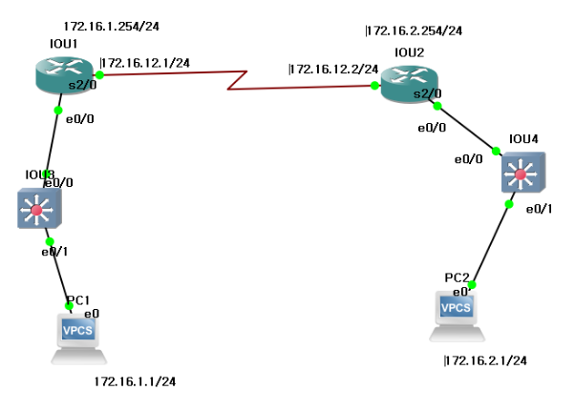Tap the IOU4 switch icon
coord(522,174)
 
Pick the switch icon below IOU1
coord(38,207)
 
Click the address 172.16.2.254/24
coord(414,31)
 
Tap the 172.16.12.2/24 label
coord(332,69)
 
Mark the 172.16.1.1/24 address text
coord(135,381)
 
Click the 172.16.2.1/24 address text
coord(485,360)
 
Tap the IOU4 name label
coord(523,139)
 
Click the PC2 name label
coord(457,277)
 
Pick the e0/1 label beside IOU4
coord(539,209)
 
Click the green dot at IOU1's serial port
coord(99,73)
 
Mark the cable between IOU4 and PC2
coord(491,243)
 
